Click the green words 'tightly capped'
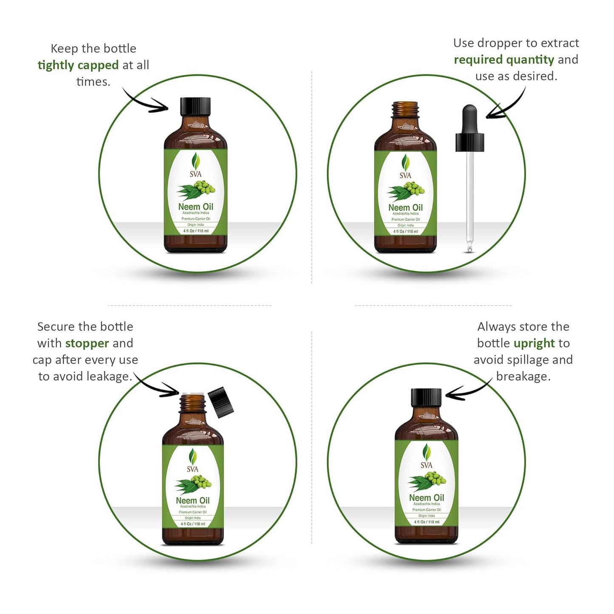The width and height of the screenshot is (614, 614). click(78, 65)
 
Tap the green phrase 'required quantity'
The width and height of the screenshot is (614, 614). click(504, 60)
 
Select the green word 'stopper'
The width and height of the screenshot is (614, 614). click(87, 343)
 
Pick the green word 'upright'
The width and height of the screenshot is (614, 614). click(534, 343)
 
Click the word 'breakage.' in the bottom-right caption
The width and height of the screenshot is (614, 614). click(523, 376)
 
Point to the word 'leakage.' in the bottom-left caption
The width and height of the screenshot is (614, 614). click(109, 376)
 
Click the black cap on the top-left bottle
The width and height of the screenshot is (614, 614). click(195, 107)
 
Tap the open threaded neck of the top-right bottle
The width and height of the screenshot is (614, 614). click(405, 110)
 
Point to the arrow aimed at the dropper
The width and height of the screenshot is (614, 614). click(506, 106)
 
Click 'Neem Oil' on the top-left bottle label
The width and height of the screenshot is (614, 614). click(195, 207)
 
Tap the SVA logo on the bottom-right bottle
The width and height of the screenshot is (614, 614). click(426, 457)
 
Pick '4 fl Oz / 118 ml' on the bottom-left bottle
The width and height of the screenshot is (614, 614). click(193, 524)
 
